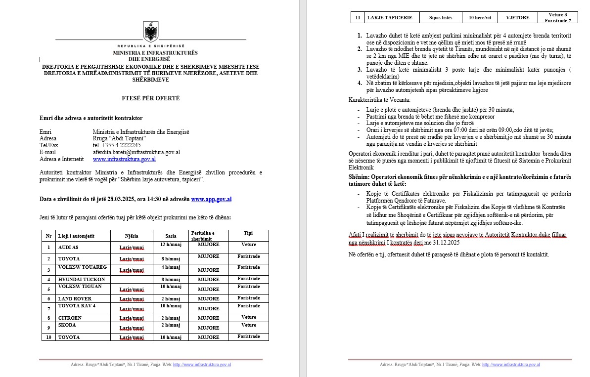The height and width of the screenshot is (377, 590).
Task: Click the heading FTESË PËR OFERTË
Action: pos(151,98)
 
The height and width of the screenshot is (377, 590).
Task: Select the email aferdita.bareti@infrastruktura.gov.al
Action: pos(136,153)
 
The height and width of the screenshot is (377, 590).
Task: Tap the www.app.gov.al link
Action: pos(211,199)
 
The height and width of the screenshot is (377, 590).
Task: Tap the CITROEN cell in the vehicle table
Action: pos(70,318)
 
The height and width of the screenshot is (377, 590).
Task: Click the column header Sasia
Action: pos(170,236)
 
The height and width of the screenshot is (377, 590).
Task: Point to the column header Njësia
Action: pos(132,236)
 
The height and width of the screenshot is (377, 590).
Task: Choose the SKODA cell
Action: pos(67,325)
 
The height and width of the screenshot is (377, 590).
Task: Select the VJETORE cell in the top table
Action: pos(518,18)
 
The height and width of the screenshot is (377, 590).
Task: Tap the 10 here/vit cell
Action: pos(480,18)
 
